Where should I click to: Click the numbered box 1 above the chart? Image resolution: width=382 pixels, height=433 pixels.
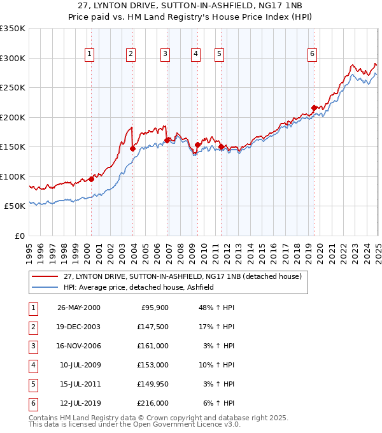(89, 55)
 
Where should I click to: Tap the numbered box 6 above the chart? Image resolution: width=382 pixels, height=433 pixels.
(313, 55)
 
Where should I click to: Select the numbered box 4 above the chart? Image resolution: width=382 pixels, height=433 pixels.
(195, 55)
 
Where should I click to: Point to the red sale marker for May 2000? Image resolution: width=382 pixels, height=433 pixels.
(91, 179)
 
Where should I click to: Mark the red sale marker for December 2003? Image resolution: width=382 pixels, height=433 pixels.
(133, 148)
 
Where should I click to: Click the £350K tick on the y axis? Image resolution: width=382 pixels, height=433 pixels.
(13, 29)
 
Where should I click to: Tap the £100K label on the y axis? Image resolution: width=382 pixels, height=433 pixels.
(13, 176)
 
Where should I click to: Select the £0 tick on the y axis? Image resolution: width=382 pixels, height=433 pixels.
(18, 236)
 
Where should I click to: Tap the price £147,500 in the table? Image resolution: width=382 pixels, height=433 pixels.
(153, 327)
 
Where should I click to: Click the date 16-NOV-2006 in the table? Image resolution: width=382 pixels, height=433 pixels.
(79, 346)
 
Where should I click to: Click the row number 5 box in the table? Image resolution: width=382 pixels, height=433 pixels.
(32, 384)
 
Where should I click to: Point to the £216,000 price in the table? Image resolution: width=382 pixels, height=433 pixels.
(153, 403)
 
